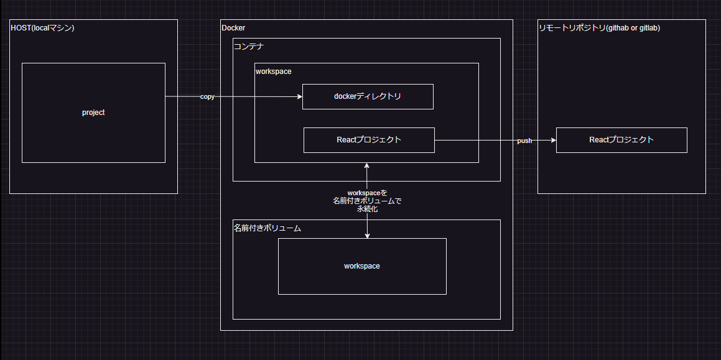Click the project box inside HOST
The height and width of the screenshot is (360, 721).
(x=93, y=113)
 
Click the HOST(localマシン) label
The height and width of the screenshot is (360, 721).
(x=42, y=27)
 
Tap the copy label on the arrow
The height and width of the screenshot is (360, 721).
(x=207, y=97)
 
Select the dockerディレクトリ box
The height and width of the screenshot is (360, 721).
(x=368, y=96)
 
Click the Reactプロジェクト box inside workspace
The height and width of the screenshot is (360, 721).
(x=369, y=140)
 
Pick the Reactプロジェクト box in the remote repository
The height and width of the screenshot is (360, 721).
(x=621, y=140)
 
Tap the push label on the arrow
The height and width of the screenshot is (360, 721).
(x=524, y=141)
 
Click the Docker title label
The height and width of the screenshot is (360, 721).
(x=233, y=27)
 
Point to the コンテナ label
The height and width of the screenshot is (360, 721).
(x=249, y=46)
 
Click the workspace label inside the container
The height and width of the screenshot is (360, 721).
(x=273, y=72)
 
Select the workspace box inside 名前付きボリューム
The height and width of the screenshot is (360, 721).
(x=362, y=266)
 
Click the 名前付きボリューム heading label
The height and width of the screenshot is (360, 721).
(x=267, y=228)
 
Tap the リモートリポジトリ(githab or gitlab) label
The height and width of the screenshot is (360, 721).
(x=600, y=27)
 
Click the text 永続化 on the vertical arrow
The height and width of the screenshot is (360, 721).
(x=367, y=210)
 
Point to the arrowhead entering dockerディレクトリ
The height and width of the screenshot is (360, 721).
(x=299, y=97)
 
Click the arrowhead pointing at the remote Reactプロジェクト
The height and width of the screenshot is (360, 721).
(x=553, y=141)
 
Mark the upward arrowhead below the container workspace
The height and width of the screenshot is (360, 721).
(x=367, y=166)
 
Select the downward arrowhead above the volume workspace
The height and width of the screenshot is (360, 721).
(x=367, y=235)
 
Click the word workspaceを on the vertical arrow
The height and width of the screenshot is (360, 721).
(x=367, y=193)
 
